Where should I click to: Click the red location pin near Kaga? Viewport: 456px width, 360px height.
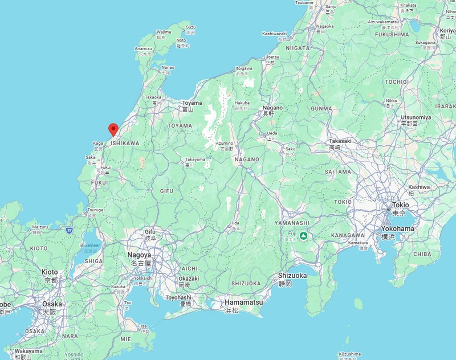point(113,129)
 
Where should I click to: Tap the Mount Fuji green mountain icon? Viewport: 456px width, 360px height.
point(304,235)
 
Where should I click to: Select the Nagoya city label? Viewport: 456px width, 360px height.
point(139,255)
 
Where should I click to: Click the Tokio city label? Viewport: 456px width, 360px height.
point(401,205)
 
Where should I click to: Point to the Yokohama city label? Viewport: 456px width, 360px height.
point(397,228)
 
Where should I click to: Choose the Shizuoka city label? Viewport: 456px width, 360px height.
point(292,275)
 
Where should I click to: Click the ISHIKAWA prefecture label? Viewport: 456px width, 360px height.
point(125,143)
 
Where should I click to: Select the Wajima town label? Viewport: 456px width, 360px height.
point(164,32)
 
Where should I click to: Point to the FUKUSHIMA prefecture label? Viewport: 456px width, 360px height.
point(392,34)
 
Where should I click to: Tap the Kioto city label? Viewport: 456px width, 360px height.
point(50,272)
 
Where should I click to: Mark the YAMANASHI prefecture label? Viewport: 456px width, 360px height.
point(291,223)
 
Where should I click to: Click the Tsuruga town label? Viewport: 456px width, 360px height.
point(95,210)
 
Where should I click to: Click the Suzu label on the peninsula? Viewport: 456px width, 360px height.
point(190,27)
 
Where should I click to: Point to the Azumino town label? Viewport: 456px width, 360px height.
point(223,142)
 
